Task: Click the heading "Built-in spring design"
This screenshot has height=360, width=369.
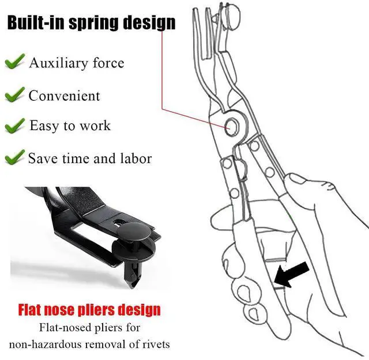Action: coord(91,22)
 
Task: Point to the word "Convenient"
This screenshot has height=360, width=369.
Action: coord(64,96)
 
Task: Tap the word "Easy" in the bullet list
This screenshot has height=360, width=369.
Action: coord(43,126)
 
